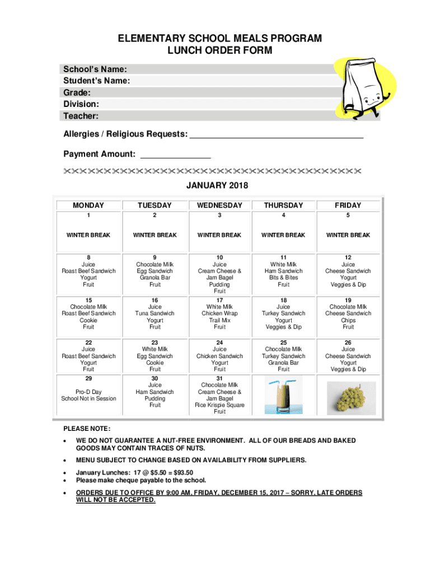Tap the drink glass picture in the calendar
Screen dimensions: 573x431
coord(284,396)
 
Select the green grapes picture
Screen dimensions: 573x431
coord(348,397)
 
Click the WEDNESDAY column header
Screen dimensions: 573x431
coord(219,205)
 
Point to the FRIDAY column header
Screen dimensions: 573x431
coord(348,205)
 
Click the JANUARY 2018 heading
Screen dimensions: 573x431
coord(217,186)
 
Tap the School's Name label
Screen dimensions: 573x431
coord(95,69)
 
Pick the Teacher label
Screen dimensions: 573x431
coord(81,116)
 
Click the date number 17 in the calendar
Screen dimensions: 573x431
coord(219,300)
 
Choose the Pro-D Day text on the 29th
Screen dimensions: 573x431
coord(88,392)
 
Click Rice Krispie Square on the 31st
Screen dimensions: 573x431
coord(219,405)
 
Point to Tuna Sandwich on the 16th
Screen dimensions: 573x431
coord(155,313)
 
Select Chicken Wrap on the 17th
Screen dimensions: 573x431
coord(219,313)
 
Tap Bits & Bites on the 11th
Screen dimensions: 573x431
coord(284,278)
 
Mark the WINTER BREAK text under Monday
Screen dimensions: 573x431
coord(88,235)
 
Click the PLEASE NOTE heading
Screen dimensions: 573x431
coord(83,429)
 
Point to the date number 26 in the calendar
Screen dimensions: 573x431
coord(348,342)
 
